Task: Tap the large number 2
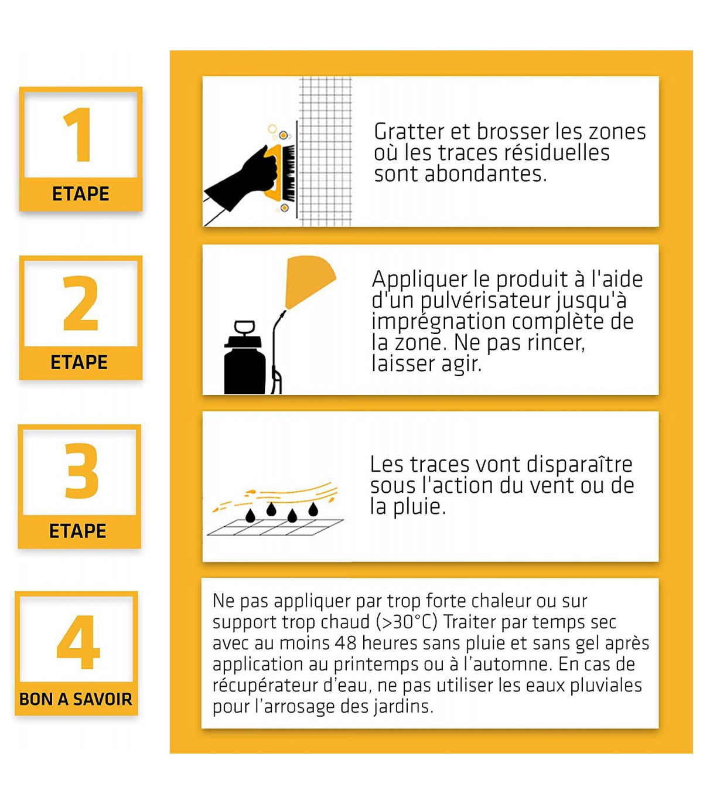80,303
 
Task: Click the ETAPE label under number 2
79,362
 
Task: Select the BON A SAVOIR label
76,699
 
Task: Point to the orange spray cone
309,281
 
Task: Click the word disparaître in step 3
579,464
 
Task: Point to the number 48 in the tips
346,643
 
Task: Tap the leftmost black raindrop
250,515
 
